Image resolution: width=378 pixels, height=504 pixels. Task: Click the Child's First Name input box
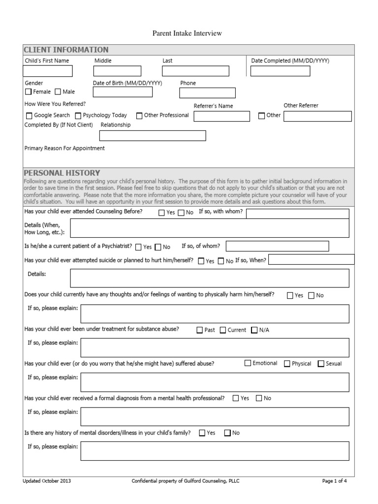coord(48,71)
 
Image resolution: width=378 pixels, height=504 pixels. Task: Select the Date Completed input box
coord(280,71)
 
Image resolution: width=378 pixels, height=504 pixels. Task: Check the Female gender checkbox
coord(29,92)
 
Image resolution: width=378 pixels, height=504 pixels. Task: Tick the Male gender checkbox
coord(58,92)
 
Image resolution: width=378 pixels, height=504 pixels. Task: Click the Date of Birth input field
coord(123,92)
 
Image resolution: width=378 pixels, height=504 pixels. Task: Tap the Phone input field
coord(207,93)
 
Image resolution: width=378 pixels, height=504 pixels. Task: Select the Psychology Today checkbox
coord(78,116)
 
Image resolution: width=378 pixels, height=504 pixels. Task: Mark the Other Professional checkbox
coord(139,116)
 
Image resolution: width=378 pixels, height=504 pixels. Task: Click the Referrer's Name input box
coord(221,116)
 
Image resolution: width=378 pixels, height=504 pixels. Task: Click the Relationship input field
coord(153,136)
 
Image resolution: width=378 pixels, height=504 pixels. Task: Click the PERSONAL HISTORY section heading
coord(62,173)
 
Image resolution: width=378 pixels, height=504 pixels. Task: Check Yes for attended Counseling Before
coord(161,213)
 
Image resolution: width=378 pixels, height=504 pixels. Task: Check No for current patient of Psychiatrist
coord(158,247)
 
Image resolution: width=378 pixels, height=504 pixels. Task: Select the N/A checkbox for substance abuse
coord(254,330)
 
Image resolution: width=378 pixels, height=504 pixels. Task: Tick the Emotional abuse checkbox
coord(248,364)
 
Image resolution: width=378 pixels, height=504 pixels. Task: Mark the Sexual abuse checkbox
coord(321,364)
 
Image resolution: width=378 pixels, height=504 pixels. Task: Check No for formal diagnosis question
coord(259,398)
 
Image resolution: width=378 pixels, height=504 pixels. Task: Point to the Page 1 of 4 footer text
coord(335,481)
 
